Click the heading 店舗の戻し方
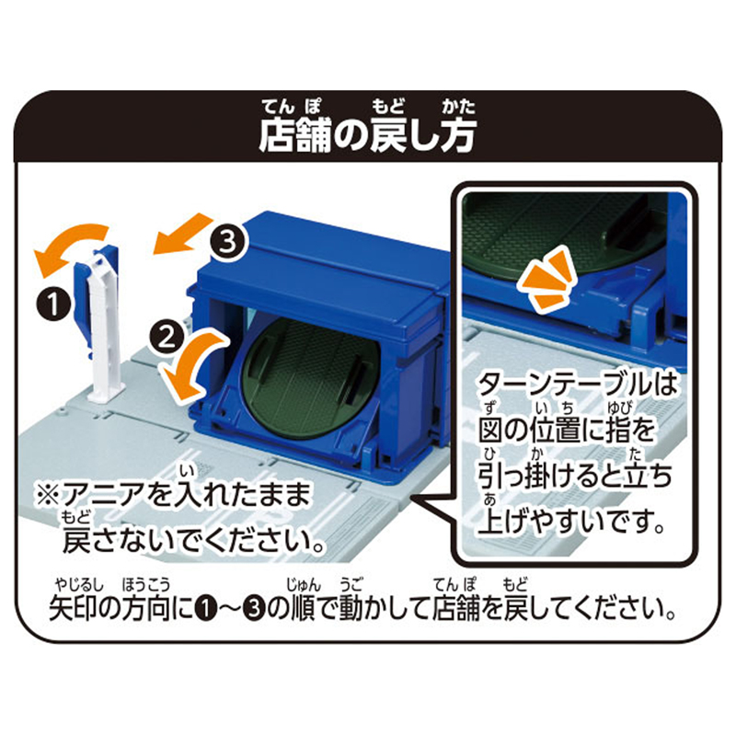click(x=367, y=135)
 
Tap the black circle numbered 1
click(x=54, y=304)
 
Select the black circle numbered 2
click(x=167, y=338)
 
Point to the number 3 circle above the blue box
click(x=228, y=243)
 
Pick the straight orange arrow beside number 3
click(x=181, y=235)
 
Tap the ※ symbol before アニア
click(x=49, y=495)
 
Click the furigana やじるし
click(x=79, y=585)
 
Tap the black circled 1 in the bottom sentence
click(x=205, y=609)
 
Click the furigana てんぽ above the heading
click(x=292, y=107)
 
